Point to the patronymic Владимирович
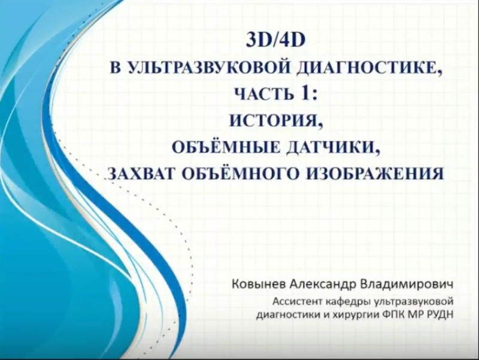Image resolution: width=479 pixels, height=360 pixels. [x=407, y=284]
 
